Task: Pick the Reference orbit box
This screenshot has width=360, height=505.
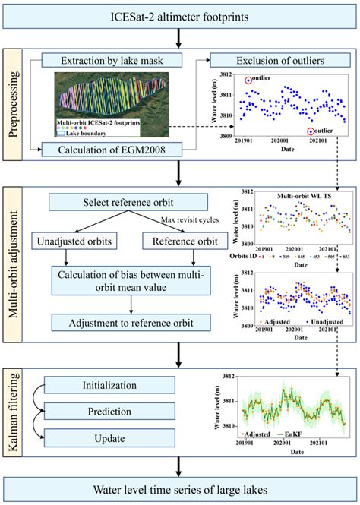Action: (x=179, y=241)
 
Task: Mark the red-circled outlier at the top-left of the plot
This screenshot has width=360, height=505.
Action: (x=248, y=80)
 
